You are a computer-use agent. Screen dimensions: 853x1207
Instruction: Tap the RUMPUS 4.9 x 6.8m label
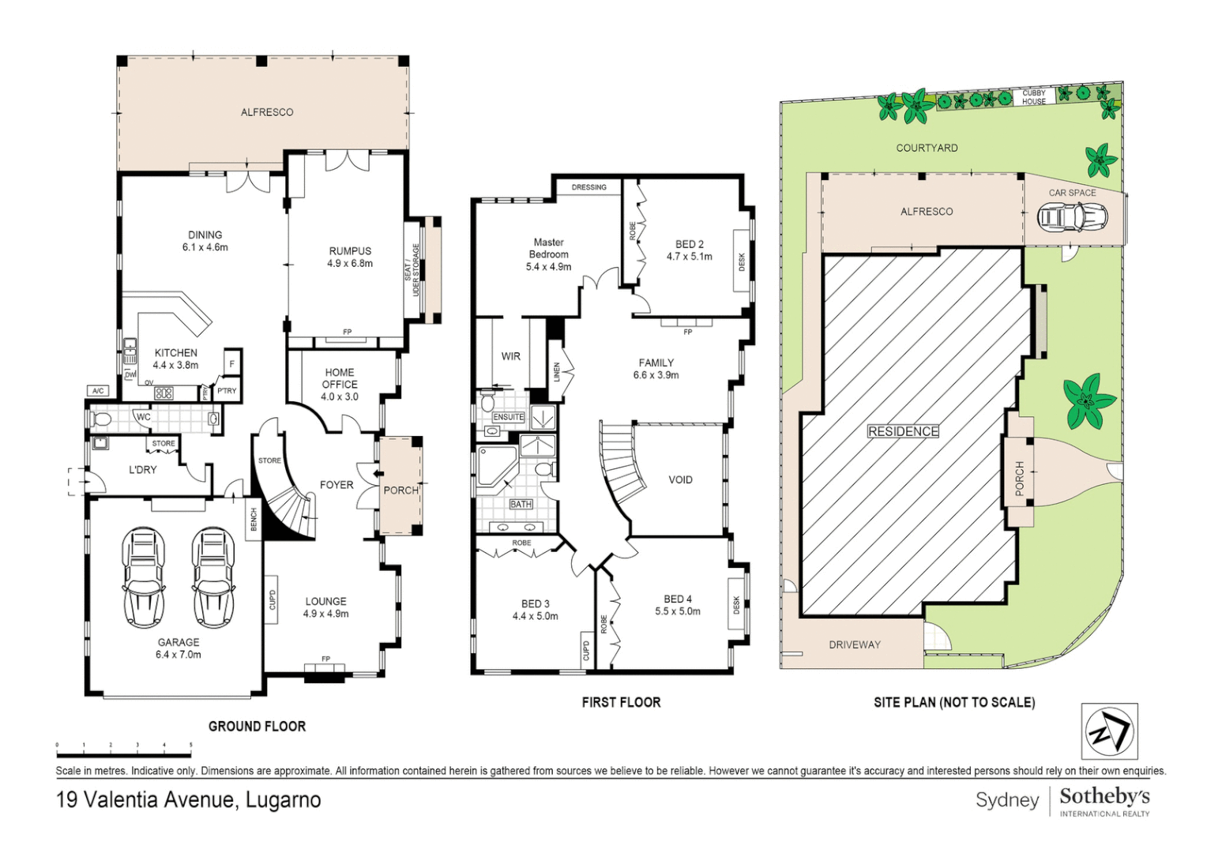(350, 257)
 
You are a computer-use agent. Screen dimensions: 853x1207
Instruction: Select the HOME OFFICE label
(340, 384)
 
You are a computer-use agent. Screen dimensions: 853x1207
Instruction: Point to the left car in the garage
(144, 577)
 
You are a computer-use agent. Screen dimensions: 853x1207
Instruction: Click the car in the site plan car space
(1072, 217)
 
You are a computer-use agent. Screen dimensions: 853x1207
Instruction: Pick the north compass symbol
(1109, 731)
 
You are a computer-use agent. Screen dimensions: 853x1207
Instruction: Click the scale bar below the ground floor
(124, 745)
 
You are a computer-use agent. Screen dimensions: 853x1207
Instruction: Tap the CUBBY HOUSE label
(1033, 97)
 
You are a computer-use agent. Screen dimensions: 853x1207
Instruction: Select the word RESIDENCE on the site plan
(903, 431)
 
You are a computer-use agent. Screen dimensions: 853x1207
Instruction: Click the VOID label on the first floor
(680, 479)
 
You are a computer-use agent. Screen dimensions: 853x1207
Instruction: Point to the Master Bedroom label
(548, 254)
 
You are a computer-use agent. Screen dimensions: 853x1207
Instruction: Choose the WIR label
(510, 356)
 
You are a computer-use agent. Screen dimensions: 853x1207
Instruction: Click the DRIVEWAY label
(855, 644)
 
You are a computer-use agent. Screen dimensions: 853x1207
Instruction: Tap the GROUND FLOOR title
(257, 726)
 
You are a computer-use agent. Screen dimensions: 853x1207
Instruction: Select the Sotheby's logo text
(1104, 796)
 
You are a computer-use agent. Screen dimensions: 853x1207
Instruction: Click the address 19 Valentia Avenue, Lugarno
(188, 799)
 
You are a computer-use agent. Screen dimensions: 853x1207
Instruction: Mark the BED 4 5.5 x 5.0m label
(677, 605)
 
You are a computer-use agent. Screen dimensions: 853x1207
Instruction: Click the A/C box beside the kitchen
(98, 391)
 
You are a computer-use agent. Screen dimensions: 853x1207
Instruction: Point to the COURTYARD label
(927, 148)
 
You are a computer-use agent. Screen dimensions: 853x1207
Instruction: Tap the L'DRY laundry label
(142, 469)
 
